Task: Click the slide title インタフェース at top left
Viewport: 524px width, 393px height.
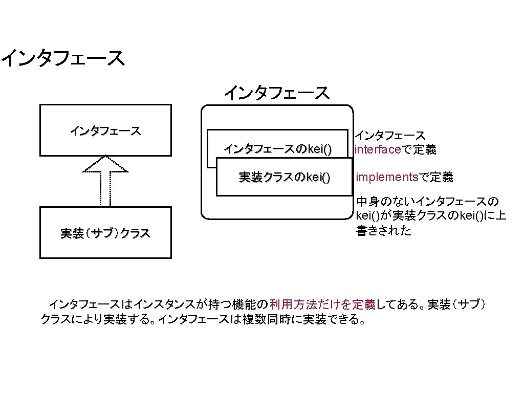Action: click(62, 58)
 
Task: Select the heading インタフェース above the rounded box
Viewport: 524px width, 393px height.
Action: click(276, 93)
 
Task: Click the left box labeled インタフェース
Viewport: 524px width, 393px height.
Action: click(105, 130)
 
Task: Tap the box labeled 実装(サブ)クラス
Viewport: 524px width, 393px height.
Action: click(105, 233)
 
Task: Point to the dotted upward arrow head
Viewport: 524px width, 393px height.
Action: click(105, 164)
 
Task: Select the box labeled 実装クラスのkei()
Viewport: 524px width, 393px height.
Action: click(285, 177)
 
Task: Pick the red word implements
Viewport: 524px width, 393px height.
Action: click(387, 178)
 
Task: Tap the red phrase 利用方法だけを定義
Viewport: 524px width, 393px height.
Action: click(322, 305)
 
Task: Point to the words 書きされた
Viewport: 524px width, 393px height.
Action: click(383, 231)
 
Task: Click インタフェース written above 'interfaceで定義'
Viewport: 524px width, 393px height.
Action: click(390, 136)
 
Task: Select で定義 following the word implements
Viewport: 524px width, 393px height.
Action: click(436, 178)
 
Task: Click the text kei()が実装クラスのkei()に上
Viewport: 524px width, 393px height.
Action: click(431, 216)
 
